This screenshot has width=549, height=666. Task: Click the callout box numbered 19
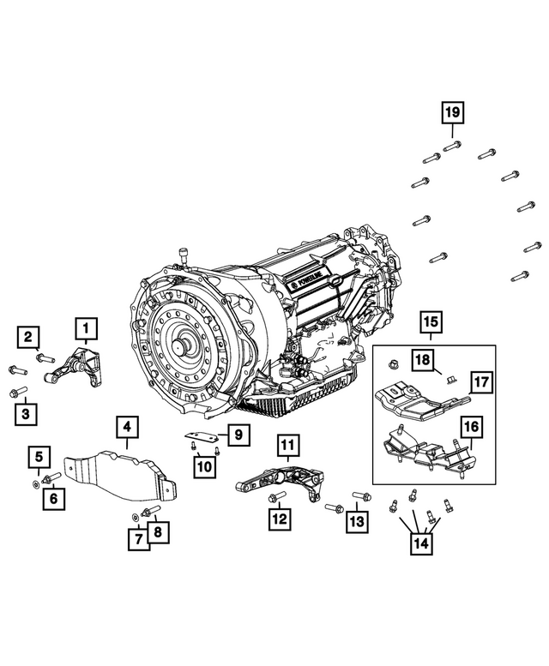[452, 111]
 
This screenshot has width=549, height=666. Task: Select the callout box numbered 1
[86, 327]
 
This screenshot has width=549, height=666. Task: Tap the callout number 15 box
[430, 322]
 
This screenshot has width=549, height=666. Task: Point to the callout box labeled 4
[125, 426]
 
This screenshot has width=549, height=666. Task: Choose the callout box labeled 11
[286, 445]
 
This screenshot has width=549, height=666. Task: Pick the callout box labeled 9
[237, 435]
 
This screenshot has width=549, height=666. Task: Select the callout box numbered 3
[26, 415]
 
